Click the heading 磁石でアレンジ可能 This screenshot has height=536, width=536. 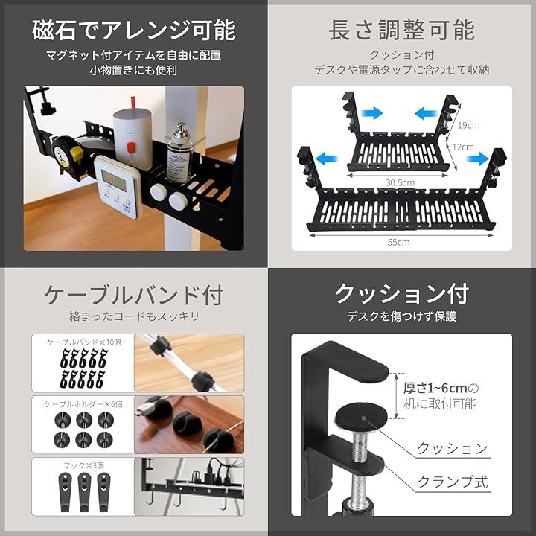(134, 30)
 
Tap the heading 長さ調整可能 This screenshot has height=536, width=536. (401, 30)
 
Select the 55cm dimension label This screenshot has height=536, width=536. (398, 242)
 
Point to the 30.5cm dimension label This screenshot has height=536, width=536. (400, 182)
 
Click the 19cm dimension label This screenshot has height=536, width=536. (469, 126)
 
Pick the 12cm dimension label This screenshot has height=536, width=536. (463, 147)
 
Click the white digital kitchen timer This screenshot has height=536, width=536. (118, 186)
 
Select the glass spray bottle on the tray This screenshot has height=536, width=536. (179, 153)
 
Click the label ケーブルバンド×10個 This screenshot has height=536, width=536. (83, 342)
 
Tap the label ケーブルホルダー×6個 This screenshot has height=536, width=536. (83, 404)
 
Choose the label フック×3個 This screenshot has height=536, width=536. (83, 465)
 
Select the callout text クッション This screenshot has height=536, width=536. (453, 448)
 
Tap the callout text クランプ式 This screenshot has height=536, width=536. (453, 482)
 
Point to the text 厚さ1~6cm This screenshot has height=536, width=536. (435, 389)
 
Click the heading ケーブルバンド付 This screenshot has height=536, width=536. (134, 295)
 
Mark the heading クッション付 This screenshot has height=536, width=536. (401, 294)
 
